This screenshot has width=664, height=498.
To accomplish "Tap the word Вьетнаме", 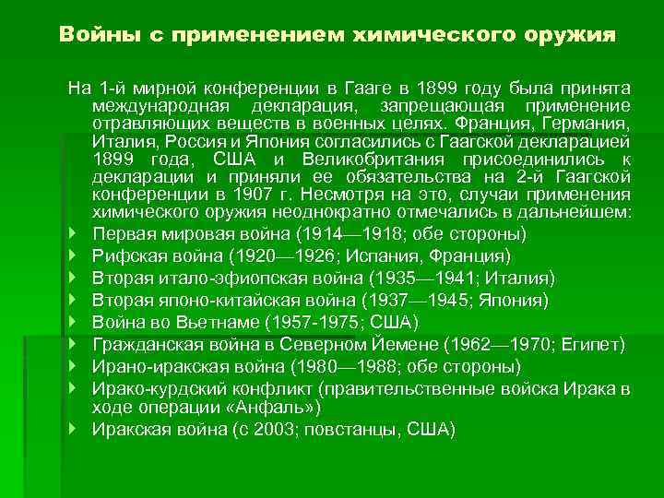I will pos(218,322).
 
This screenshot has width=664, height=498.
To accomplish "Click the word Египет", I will pos(594,345).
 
